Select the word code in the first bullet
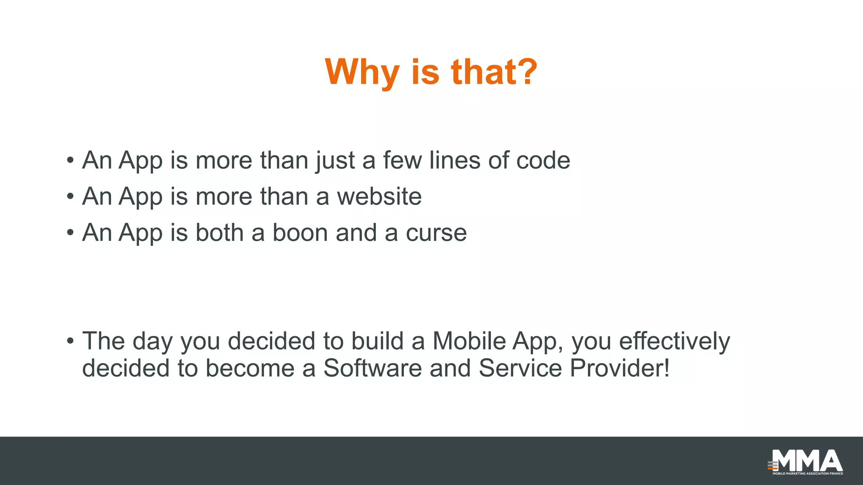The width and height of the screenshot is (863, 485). click(x=543, y=160)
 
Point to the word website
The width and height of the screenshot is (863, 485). click(x=379, y=197)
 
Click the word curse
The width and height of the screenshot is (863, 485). click(x=436, y=233)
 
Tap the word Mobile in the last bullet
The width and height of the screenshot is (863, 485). click(x=469, y=341)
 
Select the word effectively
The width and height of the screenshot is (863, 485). click(x=674, y=341)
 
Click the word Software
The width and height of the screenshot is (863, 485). click(x=373, y=368)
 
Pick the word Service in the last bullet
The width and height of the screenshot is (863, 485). click(x=520, y=368)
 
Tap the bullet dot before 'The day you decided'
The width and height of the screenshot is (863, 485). click(x=70, y=341)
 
